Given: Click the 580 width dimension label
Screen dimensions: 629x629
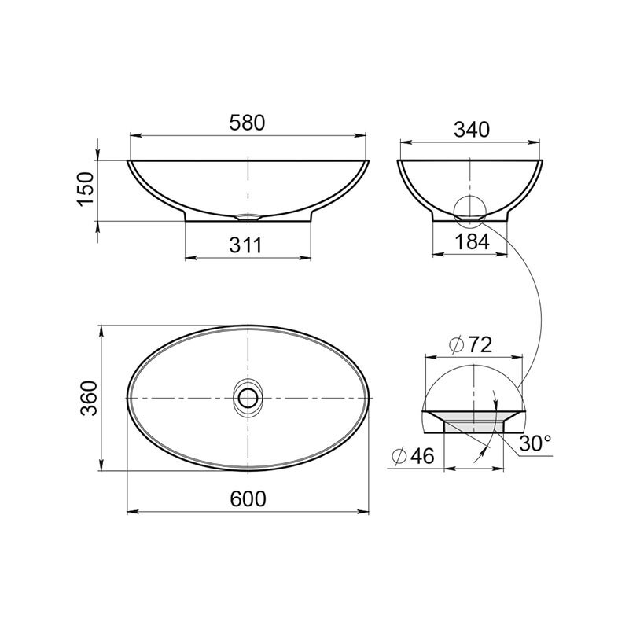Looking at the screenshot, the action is point(247,123).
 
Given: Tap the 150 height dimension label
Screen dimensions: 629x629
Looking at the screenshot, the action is point(86,189).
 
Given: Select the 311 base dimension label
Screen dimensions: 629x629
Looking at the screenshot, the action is point(245,245).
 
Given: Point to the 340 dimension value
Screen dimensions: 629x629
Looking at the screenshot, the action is point(472,130).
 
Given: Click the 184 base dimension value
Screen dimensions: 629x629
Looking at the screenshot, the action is point(473,241).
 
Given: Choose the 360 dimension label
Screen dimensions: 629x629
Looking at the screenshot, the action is point(89,398).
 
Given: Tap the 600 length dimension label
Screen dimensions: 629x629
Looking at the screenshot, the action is point(248,498).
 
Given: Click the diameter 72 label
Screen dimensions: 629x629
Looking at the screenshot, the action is point(470,344).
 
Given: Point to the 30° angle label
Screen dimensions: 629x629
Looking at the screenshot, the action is point(535,443).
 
